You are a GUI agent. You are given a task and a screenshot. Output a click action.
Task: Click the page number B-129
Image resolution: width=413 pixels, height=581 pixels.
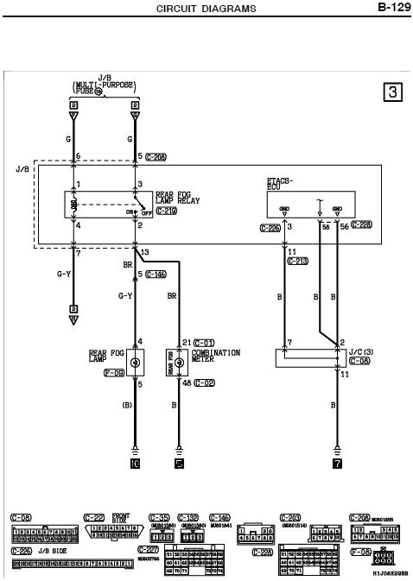(x=392, y=8)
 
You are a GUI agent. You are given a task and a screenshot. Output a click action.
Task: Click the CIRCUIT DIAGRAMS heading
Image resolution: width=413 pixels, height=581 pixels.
(x=206, y=9)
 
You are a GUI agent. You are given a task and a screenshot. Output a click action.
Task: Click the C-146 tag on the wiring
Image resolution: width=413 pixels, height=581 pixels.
(x=155, y=274)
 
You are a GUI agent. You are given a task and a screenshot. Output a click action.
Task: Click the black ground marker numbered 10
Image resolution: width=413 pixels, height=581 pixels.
(x=135, y=463)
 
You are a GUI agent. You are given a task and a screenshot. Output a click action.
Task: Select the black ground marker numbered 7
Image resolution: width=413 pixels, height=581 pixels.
(x=336, y=463)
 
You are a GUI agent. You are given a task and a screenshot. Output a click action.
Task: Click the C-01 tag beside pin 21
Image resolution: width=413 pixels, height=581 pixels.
(x=204, y=342)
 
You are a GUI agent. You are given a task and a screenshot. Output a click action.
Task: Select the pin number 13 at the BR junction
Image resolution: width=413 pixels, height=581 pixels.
(x=144, y=252)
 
